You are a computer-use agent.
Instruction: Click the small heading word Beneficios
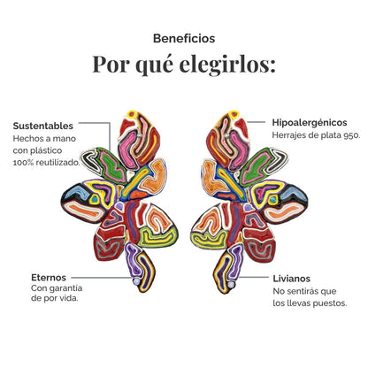click(x=184, y=39)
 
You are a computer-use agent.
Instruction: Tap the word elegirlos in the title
click(x=227, y=65)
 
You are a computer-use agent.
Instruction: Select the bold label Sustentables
click(x=43, y=126)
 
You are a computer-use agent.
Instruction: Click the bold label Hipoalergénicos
click(x=310, y=123)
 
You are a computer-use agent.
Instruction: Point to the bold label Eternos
click(x=49, y=278)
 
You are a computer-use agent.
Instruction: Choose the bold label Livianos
click(x=292, y=279)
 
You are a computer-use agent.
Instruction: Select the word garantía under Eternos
click(x=65, y=288)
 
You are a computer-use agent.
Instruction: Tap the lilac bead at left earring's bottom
click(x=136, y=281)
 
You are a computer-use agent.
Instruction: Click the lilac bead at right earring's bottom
click(x=231, y=284)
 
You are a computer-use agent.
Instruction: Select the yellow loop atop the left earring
click(x=132, y=114)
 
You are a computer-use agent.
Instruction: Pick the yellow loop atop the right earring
click(x=234, y=114)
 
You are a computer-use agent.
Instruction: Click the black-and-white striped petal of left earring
click(x=91, y=160)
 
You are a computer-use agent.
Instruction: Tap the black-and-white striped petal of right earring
click(x=276, y=161)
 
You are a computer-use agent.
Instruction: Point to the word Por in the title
click(x=111, y=65)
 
